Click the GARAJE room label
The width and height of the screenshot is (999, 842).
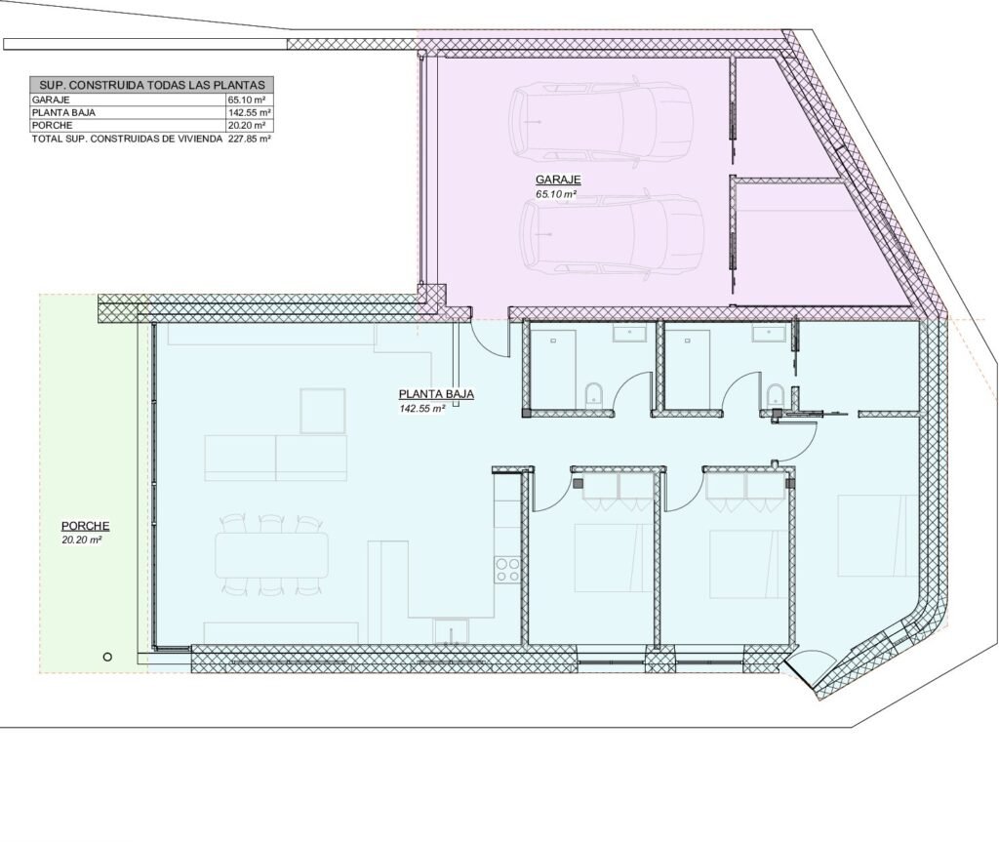click(558, 180)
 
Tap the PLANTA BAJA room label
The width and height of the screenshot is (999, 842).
click(436, 394)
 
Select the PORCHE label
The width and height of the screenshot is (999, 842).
click(86, 527)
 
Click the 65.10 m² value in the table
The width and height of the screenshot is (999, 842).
click(246, 100)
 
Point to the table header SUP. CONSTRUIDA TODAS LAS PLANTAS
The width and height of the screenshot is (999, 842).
click(151, 85)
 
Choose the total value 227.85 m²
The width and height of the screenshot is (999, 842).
click(250, 139)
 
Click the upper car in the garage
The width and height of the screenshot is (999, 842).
click(601, 121)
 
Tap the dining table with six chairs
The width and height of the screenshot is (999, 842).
click(272, 555)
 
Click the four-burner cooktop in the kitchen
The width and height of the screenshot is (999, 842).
click(507, 569)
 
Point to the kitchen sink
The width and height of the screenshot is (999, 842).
click(451, 630)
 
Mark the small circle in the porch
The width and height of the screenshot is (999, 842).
click(107, 657)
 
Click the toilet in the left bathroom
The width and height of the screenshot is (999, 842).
click(593, 395)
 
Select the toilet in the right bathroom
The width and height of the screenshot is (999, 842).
click(775, 395)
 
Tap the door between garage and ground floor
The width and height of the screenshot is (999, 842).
click(491, 337)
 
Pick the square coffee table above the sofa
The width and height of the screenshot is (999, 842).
click(323, 411)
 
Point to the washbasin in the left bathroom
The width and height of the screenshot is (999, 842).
click(629, 334)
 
